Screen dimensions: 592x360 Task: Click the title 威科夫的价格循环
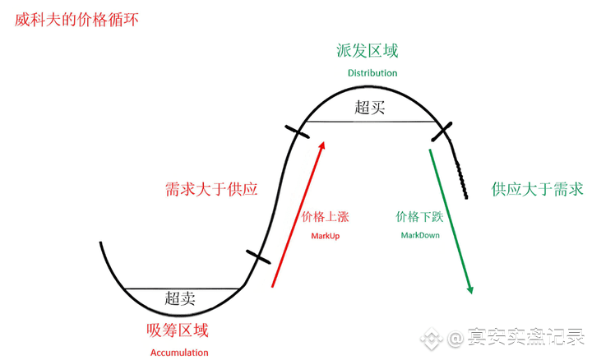tap(76, 20)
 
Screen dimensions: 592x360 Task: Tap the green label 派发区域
tap(368, 51)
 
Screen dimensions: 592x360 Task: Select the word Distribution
tap(372, 73)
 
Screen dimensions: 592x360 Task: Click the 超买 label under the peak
tap(370, 108)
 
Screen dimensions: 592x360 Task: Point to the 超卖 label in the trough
tap(180, 298)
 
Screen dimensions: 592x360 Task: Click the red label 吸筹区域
tap(178, 330)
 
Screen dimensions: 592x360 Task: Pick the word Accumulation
tap(179, 353)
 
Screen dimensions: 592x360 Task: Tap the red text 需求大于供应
tap(211, 189)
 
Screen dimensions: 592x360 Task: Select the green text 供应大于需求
tap(537, 189)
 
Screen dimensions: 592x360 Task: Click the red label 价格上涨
tap(325, 217)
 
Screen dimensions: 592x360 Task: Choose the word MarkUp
tap(325, 236)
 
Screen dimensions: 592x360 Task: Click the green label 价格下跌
tap(419, 217)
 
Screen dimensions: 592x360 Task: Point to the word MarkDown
tap(420, 235)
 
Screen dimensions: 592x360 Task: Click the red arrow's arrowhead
tap(321, 146)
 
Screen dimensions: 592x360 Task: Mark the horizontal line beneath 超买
tap(371, 122)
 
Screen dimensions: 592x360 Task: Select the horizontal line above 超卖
tap(182, 288)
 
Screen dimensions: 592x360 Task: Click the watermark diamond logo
tap(432, 338)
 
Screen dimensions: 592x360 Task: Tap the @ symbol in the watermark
tap(456, 338)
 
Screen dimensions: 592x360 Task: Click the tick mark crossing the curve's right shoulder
tap(442, 132)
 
